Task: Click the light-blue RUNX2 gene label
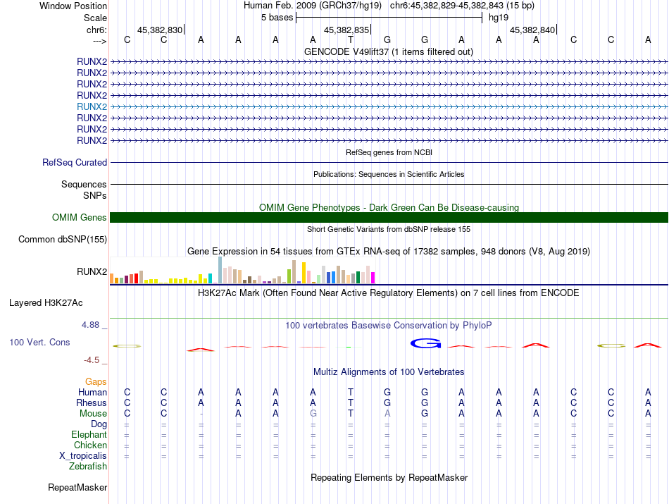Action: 92,106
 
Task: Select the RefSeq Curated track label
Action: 75,163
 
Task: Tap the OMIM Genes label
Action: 80,218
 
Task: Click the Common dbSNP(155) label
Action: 63,240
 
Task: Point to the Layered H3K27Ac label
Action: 46,303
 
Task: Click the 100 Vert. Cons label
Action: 39,342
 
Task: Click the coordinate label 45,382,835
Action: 346,30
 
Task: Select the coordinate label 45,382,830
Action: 160,30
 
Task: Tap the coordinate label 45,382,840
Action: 532,30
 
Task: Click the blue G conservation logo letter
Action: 425,343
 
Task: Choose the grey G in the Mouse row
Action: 313,414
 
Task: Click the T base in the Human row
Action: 351,392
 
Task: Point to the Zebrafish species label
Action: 88,467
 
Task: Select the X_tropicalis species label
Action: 83,456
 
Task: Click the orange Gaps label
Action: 96,381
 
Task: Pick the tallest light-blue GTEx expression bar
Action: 220,270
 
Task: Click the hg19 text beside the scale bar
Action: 499,17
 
